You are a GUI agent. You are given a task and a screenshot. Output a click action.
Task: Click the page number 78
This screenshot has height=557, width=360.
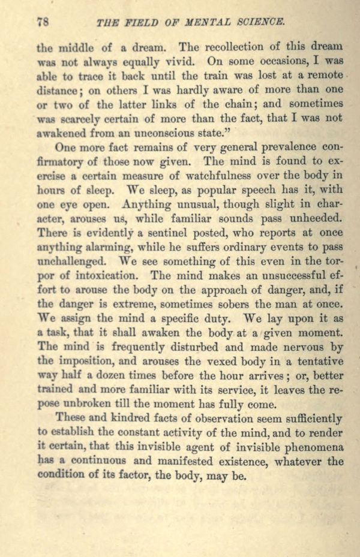tap(42, 22)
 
